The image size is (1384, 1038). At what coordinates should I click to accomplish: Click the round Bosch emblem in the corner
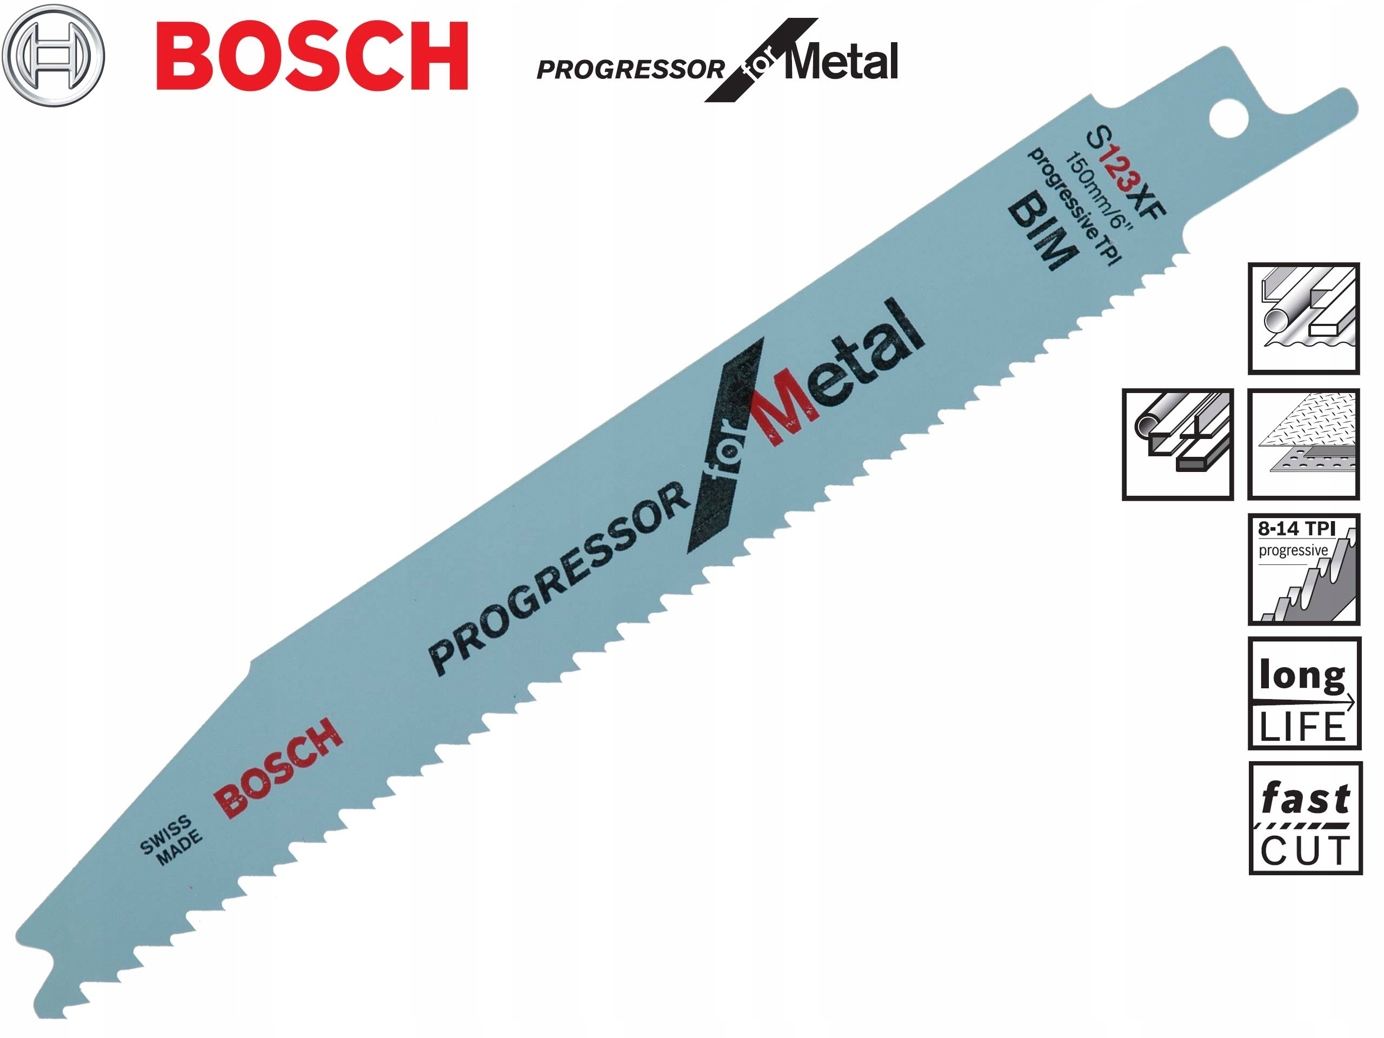[53, 55]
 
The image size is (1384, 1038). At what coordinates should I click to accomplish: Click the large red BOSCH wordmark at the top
[311, 56]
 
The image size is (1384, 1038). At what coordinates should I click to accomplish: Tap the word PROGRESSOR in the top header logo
[630, 69]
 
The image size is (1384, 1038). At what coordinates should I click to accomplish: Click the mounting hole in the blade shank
[1228, 118]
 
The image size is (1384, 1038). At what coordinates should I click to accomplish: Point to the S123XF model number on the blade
[1127, 171]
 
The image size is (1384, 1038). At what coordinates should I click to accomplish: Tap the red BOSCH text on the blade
[278, 767]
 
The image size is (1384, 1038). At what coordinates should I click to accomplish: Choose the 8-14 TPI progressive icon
[1304, 569]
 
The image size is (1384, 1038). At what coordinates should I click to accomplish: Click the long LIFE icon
[1304, 695]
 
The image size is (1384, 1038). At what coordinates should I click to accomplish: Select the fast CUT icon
[1305, 818]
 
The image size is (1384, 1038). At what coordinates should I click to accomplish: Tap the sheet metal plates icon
[1304, 444]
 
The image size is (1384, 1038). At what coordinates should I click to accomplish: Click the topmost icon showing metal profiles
[1304, 318]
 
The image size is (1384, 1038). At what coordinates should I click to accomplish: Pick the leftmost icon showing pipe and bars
[1177, 444]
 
